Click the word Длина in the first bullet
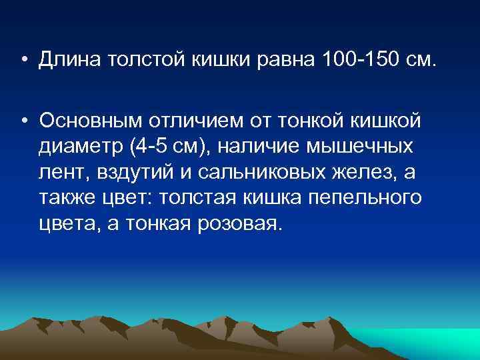point(67,62)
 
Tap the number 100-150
point(359,62)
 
